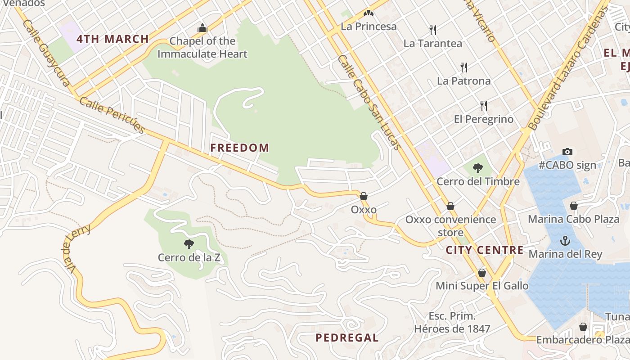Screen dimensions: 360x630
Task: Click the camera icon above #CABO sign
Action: pyautogui.click(x=567, y=152)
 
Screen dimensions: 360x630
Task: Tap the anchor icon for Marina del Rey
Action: pyautogui.click(x=565, y=241)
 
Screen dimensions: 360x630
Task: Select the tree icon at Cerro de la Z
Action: pyautogui.click(x=189, y=244)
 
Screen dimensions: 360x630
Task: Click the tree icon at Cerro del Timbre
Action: pyautogui.click(x=478, y=168)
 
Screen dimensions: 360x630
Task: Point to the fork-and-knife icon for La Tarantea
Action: pyautogui.click(x=433, y=30)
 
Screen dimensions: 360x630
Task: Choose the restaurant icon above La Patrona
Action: pyautogui.click(x=464, y=67)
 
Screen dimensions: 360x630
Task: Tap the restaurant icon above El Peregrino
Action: pyautogui.click(x=484, y=106)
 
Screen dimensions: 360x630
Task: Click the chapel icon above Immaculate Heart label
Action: pyautogui.click(x=202, y=28)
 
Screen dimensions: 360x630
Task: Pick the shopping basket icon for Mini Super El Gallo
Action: pyautogui.click(x=482, y=273)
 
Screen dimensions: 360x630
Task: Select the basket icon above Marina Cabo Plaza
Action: pyautogui.click(x=574, y=206)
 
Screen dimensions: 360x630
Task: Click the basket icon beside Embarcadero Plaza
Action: pyautogui.click(x=583, y=327)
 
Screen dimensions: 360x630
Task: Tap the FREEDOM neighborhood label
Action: pyautogui.click(x=240, y=148)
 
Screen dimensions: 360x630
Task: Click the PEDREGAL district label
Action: pyautogui.click(x=347, y=338)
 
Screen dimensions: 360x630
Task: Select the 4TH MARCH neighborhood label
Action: pyautogui.click(x=112, y=39)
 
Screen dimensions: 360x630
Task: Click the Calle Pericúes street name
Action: pyautogui.click(x=112, y=115)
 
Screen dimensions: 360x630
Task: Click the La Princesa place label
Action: pyautogui.click(x=369, y=26)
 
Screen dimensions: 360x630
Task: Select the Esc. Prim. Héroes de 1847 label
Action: pyautogui.click(x=452, y=322)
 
